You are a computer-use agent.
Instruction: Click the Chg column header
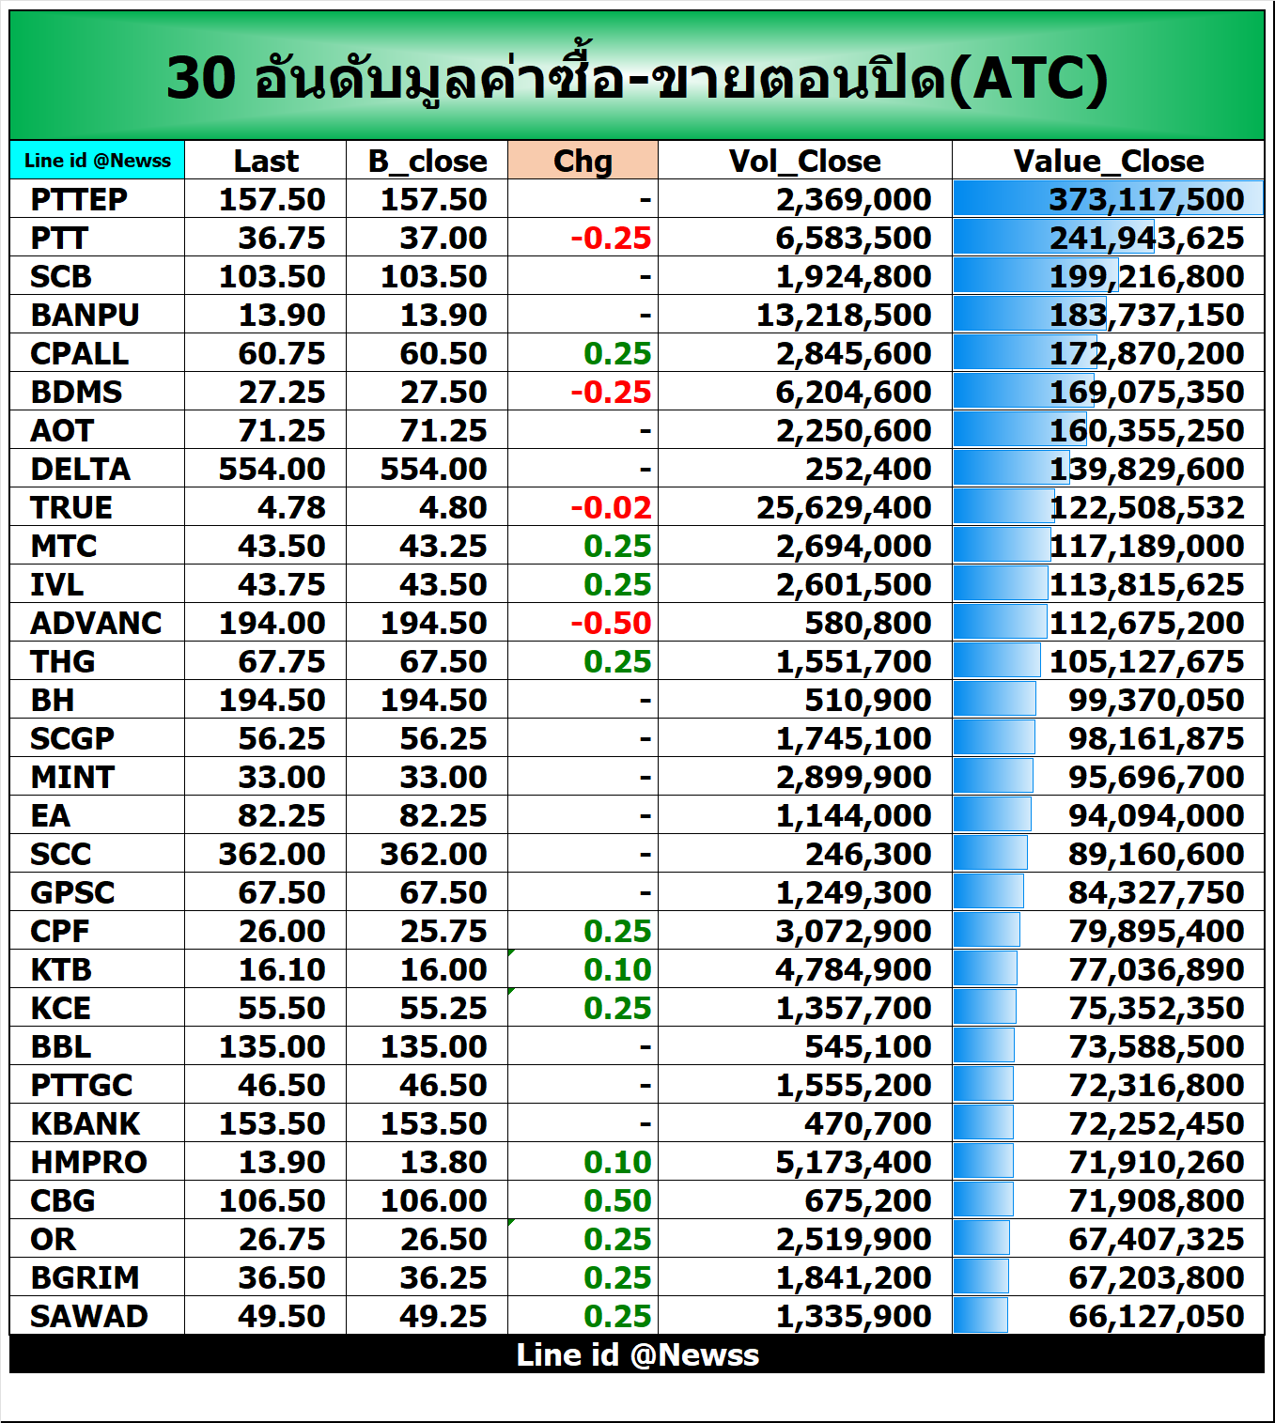point(583,161)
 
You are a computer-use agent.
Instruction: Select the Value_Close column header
point(1108,161)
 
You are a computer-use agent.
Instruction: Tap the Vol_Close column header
point(804,161)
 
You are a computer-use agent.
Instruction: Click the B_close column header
point(428,161)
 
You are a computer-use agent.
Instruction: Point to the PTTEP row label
point(79,199)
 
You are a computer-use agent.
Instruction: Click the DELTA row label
point(80,469)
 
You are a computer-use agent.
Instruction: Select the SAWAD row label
point(88,1316)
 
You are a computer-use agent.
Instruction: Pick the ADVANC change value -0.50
point(611,623)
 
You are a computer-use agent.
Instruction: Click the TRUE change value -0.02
point(611,507)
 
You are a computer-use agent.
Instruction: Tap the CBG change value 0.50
point(617,1200)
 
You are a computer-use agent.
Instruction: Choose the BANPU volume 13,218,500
point(844,315)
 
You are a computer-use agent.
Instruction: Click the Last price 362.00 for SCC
point(272,854)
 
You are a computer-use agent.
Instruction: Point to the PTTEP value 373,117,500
point(1146,199)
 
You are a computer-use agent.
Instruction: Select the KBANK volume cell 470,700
point(867,1123)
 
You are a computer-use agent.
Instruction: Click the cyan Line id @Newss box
point(98,160)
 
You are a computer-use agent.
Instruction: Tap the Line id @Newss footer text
point(637,1354)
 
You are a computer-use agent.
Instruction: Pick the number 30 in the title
point(201,78)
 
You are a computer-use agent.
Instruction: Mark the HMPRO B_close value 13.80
point(443,1162)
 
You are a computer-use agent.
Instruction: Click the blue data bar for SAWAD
point(981,1315)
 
